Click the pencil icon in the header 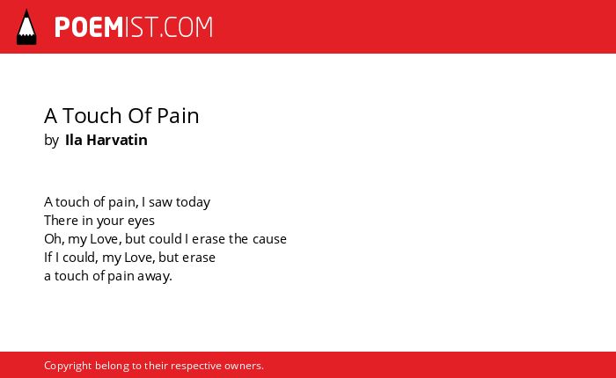point(26,27)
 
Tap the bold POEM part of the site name point(89,27)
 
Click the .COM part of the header point(187,27)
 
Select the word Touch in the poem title point(92,116)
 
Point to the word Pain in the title point(178,116)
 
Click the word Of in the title point(139,116)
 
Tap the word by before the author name point(51,141)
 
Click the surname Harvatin point(117,140)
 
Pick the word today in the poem point(193,202)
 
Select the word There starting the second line point(62,220)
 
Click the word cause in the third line point(269,239)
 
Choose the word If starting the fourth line point(48,257)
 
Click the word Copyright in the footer point(68,366)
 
